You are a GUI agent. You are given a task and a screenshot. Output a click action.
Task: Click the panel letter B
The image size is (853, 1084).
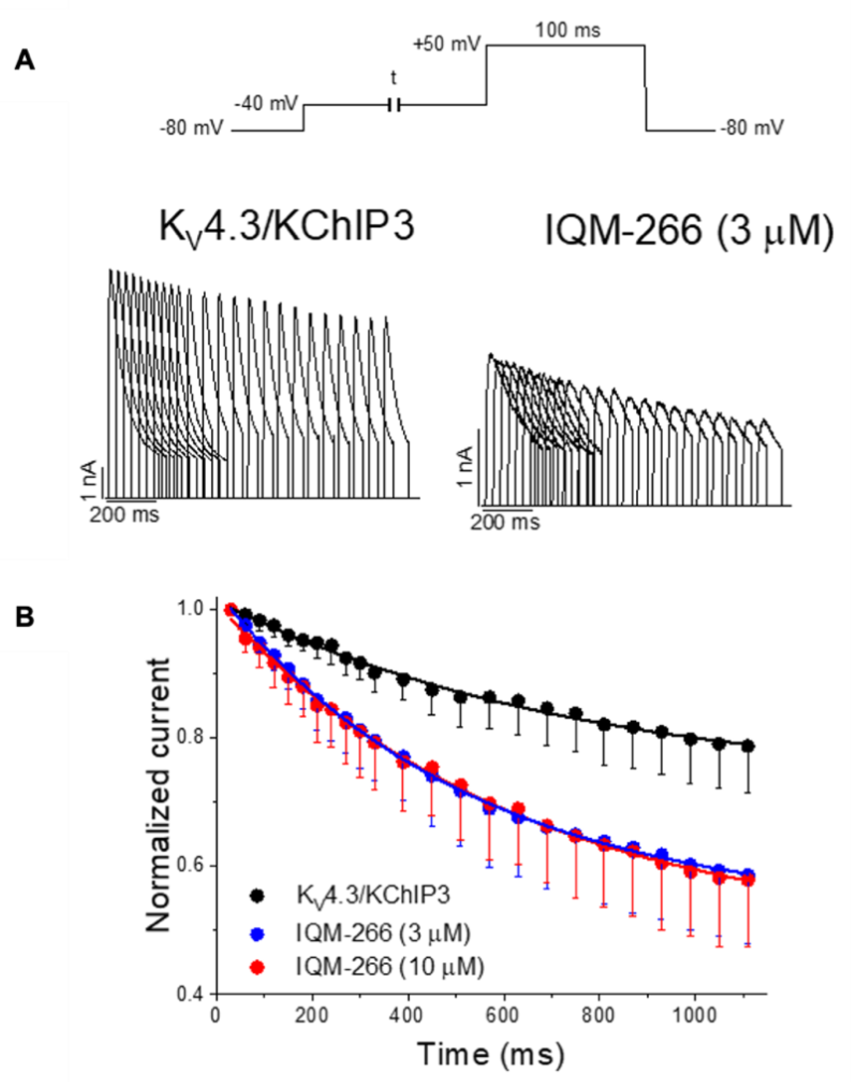pyautogui.click(x=25, y=618)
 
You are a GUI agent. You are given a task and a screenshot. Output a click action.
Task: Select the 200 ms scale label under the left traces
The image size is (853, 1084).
pyautogui.click(x=125, y=514)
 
